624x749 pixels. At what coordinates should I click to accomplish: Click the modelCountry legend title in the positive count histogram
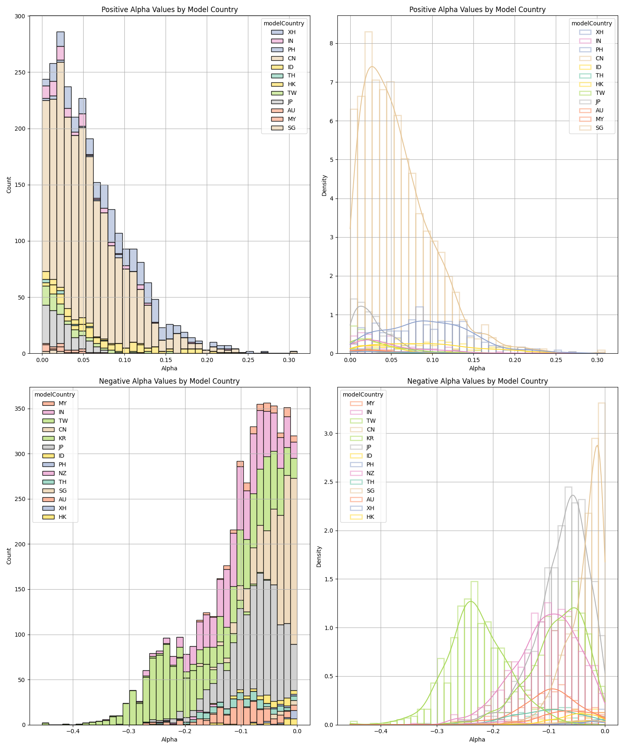tap(284, 23)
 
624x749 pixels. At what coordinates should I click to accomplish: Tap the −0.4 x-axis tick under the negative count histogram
tap(72, 731)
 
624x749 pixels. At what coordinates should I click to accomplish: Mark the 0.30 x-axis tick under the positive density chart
tap(597, 360)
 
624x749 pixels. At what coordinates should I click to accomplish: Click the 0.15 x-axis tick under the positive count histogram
tap(166, 360)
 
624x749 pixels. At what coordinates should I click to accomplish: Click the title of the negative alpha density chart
tap(477, 381)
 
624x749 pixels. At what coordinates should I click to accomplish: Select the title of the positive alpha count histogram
tap(169, 10)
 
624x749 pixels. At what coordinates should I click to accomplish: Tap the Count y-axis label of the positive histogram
tap(9, 185)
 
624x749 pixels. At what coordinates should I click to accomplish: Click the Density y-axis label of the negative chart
tap(319, 556)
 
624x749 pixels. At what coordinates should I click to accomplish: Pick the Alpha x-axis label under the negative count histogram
tap(169, 739)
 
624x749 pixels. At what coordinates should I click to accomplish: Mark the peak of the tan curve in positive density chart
tap(372, 67)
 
